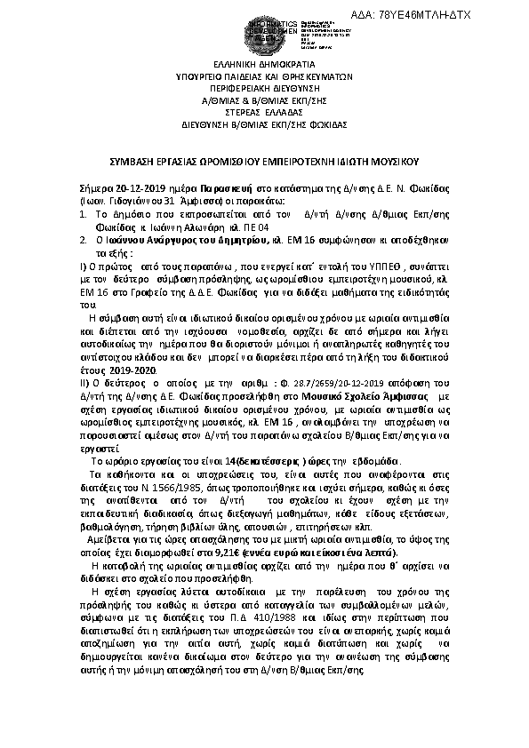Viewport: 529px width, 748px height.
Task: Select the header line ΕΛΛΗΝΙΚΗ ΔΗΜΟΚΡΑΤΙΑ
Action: pyautogui.click(x=264, y=67)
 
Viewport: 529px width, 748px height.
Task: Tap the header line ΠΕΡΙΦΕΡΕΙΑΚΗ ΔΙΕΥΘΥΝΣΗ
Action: pyautogui.click(x=264, y=91)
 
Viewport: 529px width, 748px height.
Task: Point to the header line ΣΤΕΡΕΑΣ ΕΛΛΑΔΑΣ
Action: pyautogui.click(x=264, y=115)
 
